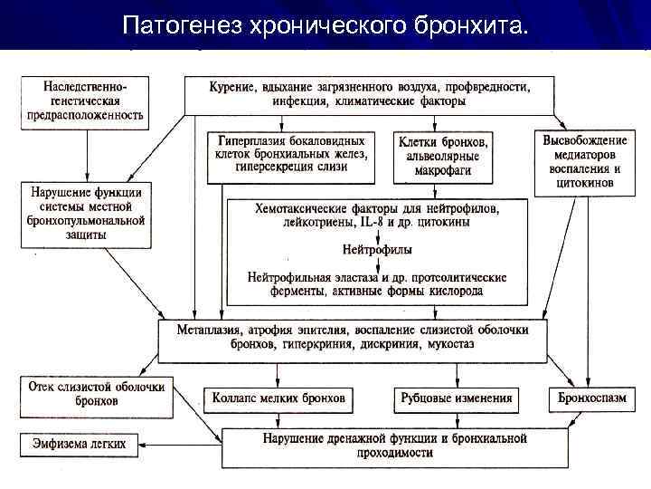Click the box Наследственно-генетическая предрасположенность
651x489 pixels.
85,99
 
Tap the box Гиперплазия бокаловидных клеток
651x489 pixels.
292,154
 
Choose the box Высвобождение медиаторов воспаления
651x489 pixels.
585,161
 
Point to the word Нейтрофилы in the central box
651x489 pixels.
376,248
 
